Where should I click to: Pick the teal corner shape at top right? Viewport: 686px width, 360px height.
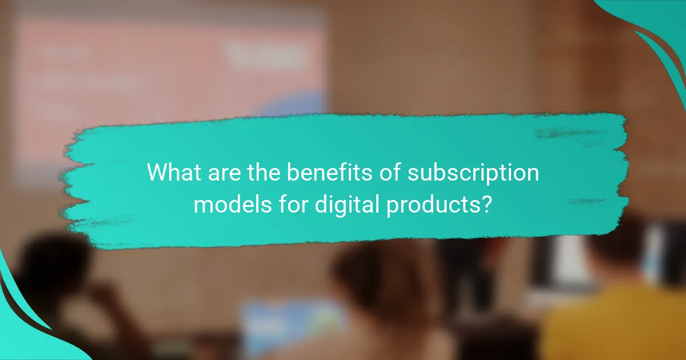pyautogui.click(x=657, y=29)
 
